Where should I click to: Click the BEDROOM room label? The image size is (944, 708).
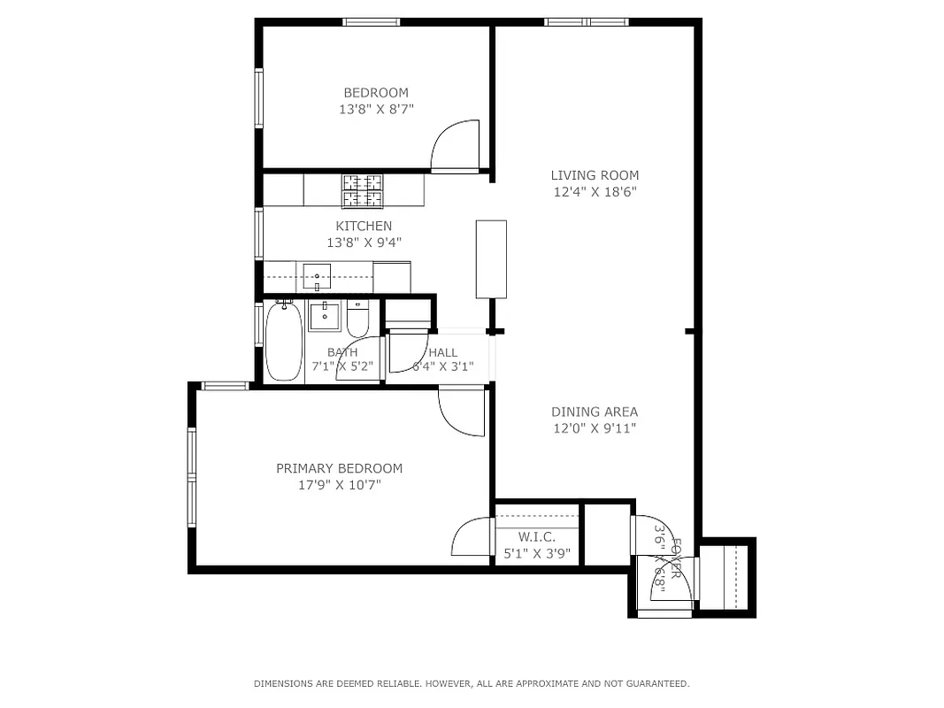pos(376,93)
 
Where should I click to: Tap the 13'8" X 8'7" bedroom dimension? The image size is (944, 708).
pos(376,110)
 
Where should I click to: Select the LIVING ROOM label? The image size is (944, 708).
pos(595,175)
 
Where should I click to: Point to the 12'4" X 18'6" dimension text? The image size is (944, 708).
pos(595,191)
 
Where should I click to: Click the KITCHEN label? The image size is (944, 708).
pos(363,227)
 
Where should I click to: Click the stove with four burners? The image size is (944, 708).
pos(363,190)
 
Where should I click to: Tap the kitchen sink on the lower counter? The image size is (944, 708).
pos(317,276)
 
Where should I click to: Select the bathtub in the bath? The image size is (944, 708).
pos(284,342)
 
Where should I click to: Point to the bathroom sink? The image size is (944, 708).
pos(325,315)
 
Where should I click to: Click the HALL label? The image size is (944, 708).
pos(443,352)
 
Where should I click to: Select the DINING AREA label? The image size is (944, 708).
pos(594,412)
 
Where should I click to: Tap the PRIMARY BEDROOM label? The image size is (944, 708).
pos(339,469)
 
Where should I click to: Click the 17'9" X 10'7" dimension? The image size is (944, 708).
pos(339,485)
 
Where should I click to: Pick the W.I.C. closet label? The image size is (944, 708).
pos(536,537)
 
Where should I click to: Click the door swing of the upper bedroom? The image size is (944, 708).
pos(457,145)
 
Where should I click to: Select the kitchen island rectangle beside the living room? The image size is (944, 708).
pos(491,258)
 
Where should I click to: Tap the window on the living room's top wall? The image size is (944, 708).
pos(586,22)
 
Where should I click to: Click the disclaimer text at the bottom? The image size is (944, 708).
pos(472,683)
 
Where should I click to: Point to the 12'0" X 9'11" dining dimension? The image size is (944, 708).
pos(594,428)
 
